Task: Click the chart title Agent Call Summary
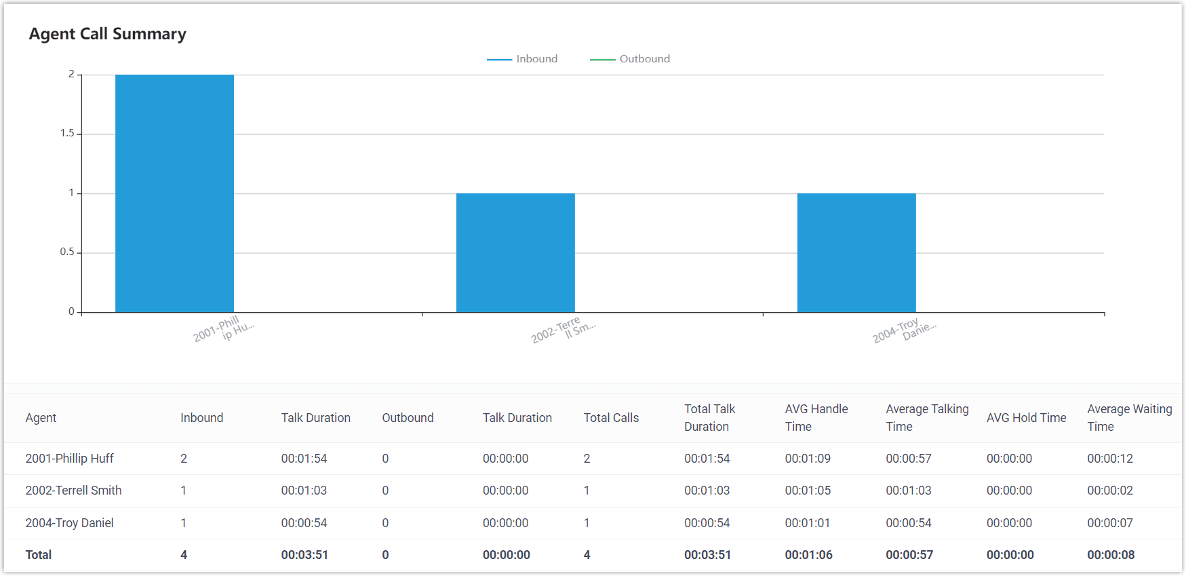click(107, 34)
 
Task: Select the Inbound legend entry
click(522, 59)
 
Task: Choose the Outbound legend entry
click(630, 59)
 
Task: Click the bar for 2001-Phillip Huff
click(174, 193)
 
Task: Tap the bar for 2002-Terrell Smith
click(515, 252)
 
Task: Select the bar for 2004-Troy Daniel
click(856, 252)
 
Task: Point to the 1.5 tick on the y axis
click(67, 133)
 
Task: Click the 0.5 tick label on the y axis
click(67, 252)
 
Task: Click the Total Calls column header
click(611, 418)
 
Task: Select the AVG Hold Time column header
click(1026, 418)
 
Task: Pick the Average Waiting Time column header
click(1129, 418)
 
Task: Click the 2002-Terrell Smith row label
click(73, 491)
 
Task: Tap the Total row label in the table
click(39, 555)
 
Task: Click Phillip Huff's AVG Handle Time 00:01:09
click(808, 459)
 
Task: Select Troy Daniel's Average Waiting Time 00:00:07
click(1110, 523)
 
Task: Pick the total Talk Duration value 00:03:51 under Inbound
click(304, 555)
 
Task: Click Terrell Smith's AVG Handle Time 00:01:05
click(808, 491)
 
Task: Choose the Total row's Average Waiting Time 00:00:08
click(1111, 555)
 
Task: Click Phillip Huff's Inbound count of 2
click(184, 459)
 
